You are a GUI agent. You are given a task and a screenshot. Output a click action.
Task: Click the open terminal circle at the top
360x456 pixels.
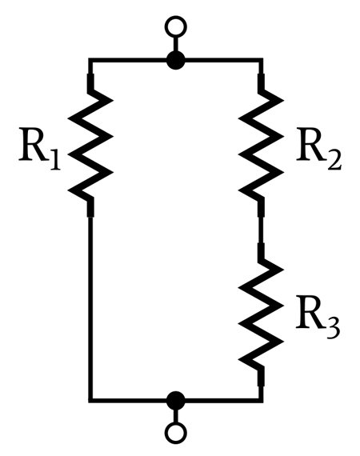pyautogui.click(x=176, y=26)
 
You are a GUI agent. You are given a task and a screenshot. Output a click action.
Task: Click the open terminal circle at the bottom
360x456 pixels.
pyautogui.click(x=176, y=433)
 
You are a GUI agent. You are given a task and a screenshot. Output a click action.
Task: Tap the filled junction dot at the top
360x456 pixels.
pyautogui.click(x=176, y=61)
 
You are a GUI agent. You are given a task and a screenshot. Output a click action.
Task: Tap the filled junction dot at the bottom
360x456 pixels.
pyautogui.click(x=176, y=401)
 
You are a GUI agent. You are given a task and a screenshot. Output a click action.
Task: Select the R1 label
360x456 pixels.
pyautogui.click(x=39, y=149)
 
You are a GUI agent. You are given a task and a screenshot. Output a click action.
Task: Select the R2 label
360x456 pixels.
pyautogui.click(x=319, y=149)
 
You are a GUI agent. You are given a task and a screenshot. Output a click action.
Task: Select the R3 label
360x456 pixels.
pyautogui.click(x=318, y=318)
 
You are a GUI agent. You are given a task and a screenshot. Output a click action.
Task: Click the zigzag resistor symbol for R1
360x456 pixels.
pyautogui.click(x=90, y=145)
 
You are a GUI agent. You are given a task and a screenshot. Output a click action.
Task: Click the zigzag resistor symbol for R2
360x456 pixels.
pyautogui.click(x=261, y=145)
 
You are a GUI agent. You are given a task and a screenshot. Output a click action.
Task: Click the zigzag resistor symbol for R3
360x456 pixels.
pyautogui.click(x=261, y=315)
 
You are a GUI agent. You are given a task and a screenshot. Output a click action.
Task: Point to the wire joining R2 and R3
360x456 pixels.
pyautogui.click(x=261, y=230)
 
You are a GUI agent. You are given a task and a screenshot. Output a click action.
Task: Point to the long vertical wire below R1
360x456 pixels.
pyautogui.click(x=90, y=308)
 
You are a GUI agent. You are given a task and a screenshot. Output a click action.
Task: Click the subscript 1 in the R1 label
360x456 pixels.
pyautogui.click(x=54, y=160)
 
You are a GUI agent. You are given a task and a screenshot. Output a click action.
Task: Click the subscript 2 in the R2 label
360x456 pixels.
pyautogui.click(x=334, y=160)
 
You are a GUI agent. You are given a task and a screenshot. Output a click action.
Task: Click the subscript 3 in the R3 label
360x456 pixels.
pyautogui.click(x=332, y=329)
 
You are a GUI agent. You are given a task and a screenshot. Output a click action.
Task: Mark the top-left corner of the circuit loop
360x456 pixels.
pyautogui.click(x=90, y=61)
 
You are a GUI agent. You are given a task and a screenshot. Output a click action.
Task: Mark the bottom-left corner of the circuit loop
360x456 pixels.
pyautogui.click(x=90, y=401)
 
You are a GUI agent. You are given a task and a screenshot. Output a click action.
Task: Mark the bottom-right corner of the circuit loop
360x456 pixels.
pyautogui.click(x=261, y=401)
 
